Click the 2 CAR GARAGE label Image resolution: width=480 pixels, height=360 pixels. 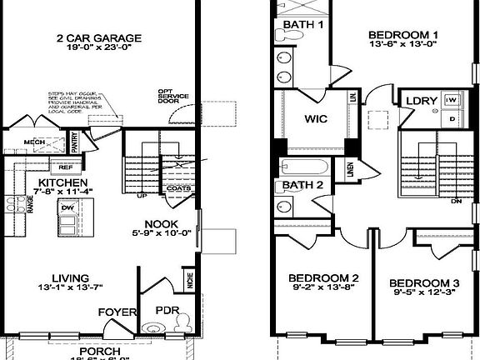coord(99,37)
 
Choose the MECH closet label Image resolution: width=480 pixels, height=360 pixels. coord(34,142)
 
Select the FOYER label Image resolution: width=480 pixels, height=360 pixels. coord(117,312)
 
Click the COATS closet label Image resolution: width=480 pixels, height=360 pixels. coord(178,187)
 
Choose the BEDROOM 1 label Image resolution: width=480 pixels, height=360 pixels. coord(403,35)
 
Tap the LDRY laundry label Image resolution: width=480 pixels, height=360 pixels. coord(421,102)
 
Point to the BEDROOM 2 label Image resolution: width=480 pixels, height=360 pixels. coord(323,278)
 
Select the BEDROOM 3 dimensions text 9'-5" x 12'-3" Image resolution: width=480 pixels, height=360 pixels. coord(424,292)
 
